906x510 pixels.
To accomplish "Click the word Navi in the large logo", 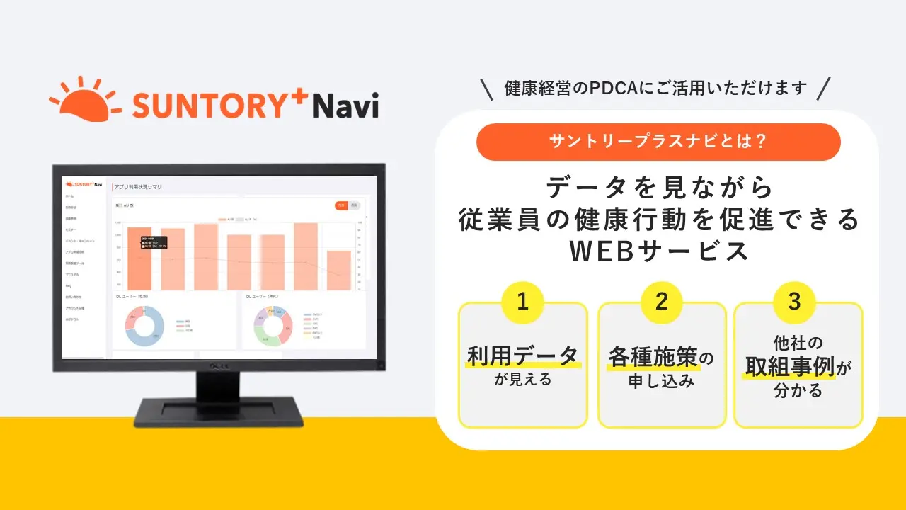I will pos(345,106).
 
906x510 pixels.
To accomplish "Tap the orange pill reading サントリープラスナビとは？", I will pos(658,142).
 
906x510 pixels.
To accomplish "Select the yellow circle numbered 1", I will pos(522,302).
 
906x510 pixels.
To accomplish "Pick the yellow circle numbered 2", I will pos(662,302).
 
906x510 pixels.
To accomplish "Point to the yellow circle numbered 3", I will pos(795,302).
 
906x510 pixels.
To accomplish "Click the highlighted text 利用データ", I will pos(522,356).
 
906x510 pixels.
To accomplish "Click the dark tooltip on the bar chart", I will pos(153,242).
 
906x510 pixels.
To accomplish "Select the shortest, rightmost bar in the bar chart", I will pos(338,270).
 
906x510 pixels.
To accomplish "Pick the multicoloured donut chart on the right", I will pos(273,326).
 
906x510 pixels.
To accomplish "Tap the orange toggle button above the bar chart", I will pos(341,205).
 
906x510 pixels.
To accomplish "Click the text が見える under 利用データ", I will pos(522,380).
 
